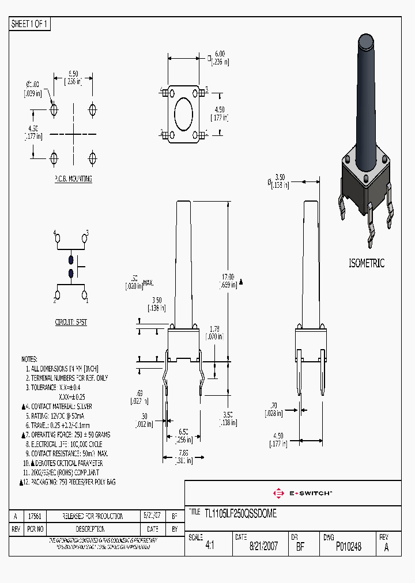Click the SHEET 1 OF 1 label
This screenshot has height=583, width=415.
click(30, 24)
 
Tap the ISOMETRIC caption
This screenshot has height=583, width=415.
click(367, 263)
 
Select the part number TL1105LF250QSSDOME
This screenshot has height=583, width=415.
click(240, 513)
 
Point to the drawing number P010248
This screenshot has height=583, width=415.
click(348, 547)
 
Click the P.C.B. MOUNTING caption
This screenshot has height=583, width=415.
click(73, 179)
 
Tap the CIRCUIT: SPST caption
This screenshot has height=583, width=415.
click(71, 323)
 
